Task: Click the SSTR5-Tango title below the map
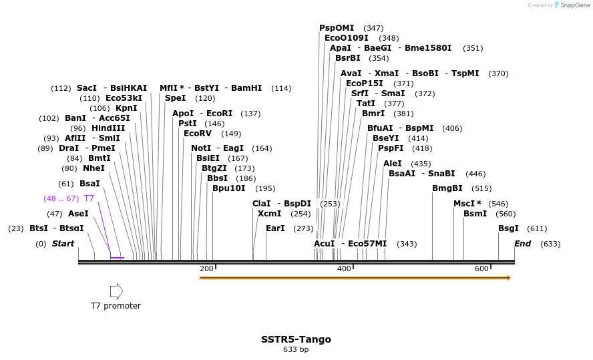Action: (x=296, y=339)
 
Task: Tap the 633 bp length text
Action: (x=296, y=349)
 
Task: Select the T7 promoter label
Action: (x=116, y=306)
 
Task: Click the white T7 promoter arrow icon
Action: (x=116, y=291)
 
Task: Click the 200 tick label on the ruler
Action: (x=206, y=268)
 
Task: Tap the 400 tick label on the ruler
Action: (x=344, y=268)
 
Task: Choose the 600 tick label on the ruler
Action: (x=481, y=268)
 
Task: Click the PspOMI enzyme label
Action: (x=337, y=28)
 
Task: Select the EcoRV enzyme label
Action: (x=198, y=134)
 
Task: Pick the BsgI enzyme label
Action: (x=508, y=228)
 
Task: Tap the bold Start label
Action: (x=63, y=244)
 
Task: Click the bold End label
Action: (x=522, y=244)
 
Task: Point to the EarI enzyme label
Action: (x=275, y=228)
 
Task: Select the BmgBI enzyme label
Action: (x=447, y=188)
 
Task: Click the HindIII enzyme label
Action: (x=108, y=128)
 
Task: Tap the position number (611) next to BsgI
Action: (x=537, y=228)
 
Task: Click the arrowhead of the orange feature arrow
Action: (x=508, y=278)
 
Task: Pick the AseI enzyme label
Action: (x=78, y=214)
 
